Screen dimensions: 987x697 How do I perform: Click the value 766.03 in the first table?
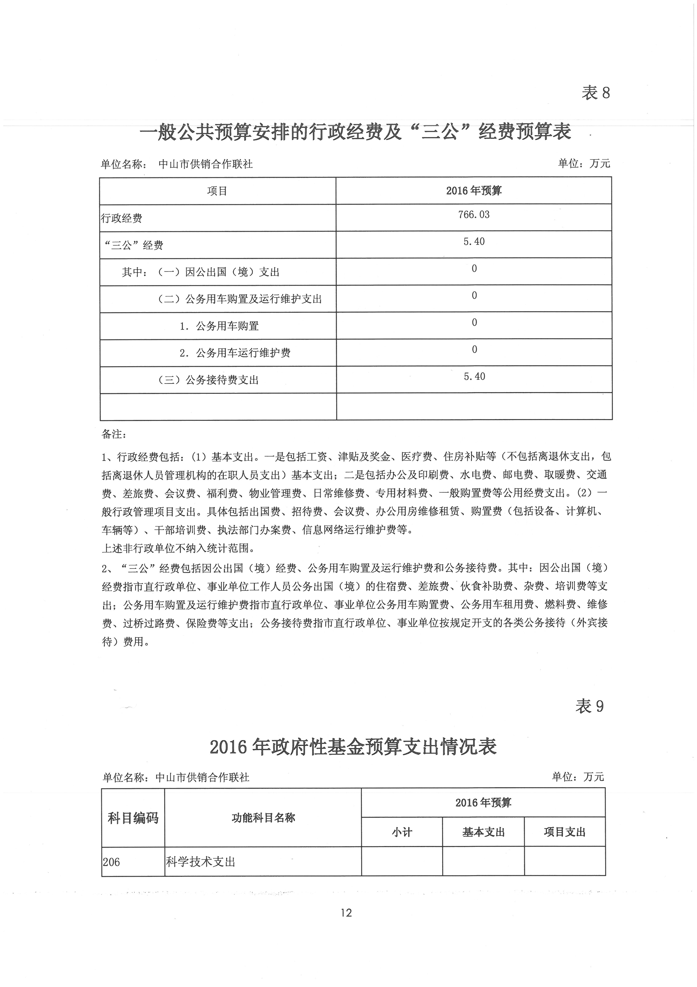(474, 214)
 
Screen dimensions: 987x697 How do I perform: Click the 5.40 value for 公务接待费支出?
(474, 376)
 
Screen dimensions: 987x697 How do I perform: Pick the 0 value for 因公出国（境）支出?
(474, 269)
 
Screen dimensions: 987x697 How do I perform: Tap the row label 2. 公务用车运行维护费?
(235, 353)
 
